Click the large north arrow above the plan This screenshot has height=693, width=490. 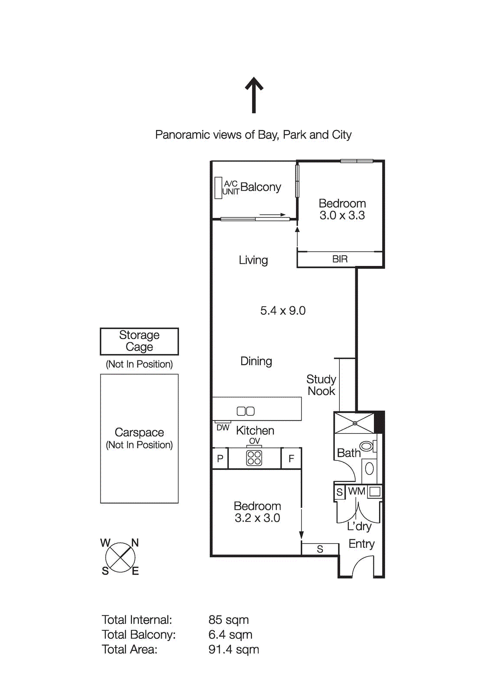[254, 95]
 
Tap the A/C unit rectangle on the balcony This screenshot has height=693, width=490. [218, 188]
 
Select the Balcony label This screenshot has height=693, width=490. [260, 187]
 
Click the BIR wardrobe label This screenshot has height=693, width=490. [340, 259]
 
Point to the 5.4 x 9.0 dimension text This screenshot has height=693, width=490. [282, 311]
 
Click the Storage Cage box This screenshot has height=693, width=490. [139, 341]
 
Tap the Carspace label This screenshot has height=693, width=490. [139, 432]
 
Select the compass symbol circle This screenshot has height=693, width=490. [120, 557]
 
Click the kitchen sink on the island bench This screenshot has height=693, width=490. [246, 411]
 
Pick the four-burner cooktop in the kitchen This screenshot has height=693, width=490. [254, 458]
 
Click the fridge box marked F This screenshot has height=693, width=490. [291, 458]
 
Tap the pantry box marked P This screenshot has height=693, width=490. [220, 458]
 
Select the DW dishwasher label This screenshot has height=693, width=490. [223, 428]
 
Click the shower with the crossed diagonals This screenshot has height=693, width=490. [354, 423]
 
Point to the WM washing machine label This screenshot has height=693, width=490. [357, 491]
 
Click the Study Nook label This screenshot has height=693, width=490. [321, 385]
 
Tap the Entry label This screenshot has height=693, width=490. [361, 544]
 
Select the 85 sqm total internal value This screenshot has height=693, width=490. [228, 620]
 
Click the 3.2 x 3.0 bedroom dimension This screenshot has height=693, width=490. [257, 518]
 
